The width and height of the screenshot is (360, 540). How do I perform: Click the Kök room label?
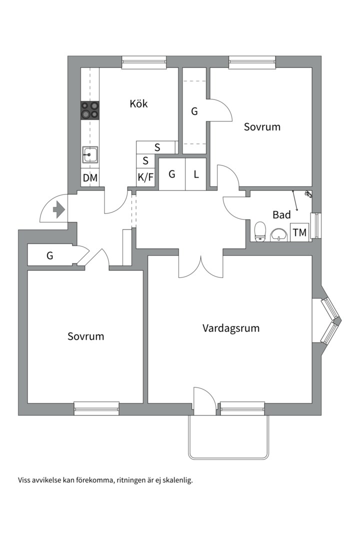click(138, 103)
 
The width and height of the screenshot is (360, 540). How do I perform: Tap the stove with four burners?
click(90, 110)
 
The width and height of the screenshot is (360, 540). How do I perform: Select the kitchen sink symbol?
click(90, 154)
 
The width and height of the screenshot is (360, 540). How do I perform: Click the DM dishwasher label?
click(90, 178)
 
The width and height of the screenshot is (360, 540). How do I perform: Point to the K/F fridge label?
click(145, 177)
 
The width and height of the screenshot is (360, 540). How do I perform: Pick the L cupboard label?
click(196, 174)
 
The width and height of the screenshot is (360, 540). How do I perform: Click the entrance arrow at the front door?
click(59, 209)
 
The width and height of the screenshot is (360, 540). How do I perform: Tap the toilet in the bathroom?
click(260, 231)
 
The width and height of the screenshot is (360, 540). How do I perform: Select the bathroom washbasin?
click(279, 235)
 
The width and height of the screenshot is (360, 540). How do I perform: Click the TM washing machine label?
click(299, 232)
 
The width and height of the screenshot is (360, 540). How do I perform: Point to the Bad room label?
click(281, 214)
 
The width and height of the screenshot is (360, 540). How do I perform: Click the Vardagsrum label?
click(231, 328)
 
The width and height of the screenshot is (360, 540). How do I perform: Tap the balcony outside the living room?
click(228, 436)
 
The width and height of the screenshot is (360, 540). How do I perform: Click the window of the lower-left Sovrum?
click(96, 408)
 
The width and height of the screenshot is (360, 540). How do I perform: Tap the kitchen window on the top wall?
click(144, 62)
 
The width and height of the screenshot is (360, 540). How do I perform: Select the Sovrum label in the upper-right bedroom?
click(262, 126)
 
